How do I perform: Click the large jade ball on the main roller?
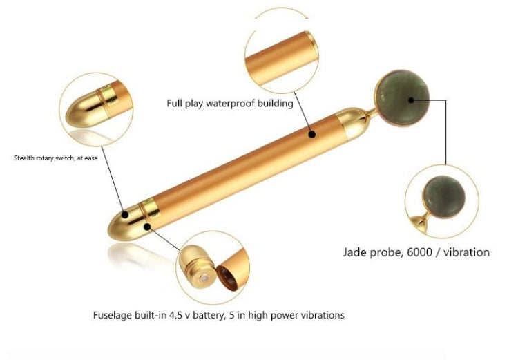402,98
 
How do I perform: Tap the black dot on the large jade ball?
411,100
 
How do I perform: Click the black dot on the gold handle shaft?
311,134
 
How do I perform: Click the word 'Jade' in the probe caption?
355,252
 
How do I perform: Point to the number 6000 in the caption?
419,252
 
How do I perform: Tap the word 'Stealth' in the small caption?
24,158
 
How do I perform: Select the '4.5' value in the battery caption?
176,315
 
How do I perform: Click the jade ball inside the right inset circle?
444,196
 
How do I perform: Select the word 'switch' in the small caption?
64,158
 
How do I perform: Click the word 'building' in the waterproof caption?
275,103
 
